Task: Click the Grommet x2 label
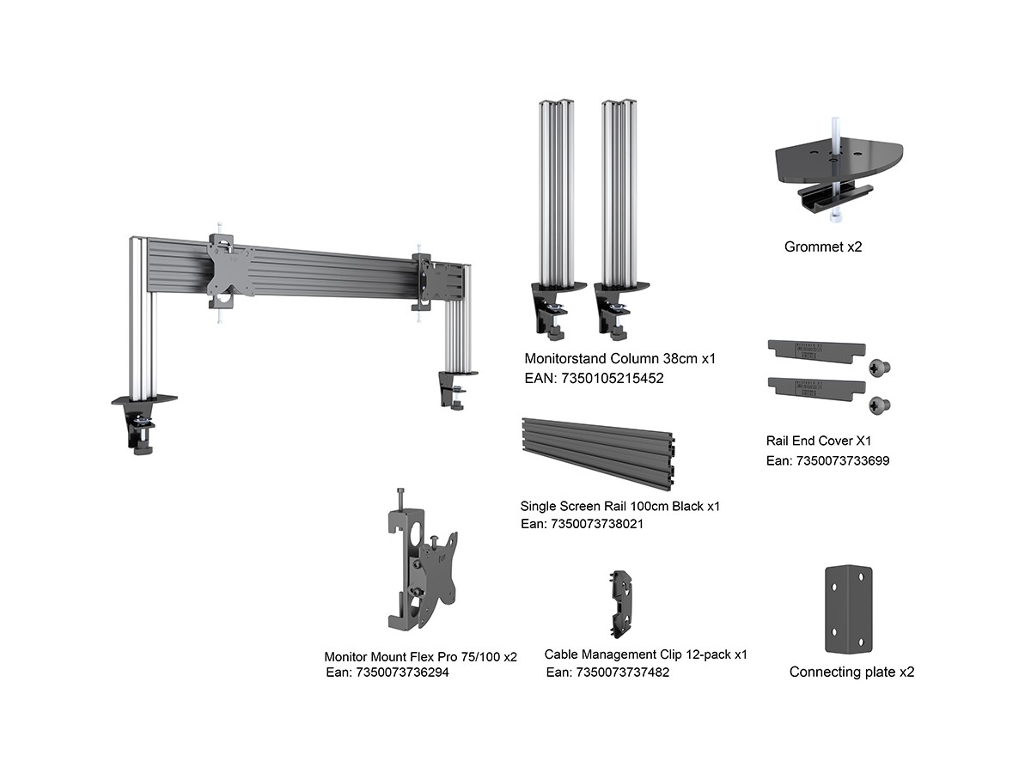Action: [822, 247]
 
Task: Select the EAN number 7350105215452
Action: [594, 378]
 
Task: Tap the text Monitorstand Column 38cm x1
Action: [619, 358]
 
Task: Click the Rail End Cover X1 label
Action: [820, 441]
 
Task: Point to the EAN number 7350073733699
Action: [827, 460]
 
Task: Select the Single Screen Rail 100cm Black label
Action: [619, 506]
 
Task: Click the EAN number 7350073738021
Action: [582, 523]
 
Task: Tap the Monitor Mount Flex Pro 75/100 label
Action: [420, 656]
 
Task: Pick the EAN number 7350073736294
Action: [387, 673]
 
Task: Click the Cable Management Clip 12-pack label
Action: [645, 654]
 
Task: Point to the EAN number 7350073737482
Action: [607, 673]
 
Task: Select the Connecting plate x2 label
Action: [851, 672]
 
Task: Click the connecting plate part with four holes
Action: [848, 610]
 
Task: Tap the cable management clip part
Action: [624, 602]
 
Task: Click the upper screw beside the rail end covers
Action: [879, 368]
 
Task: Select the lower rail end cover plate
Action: [815, 387]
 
